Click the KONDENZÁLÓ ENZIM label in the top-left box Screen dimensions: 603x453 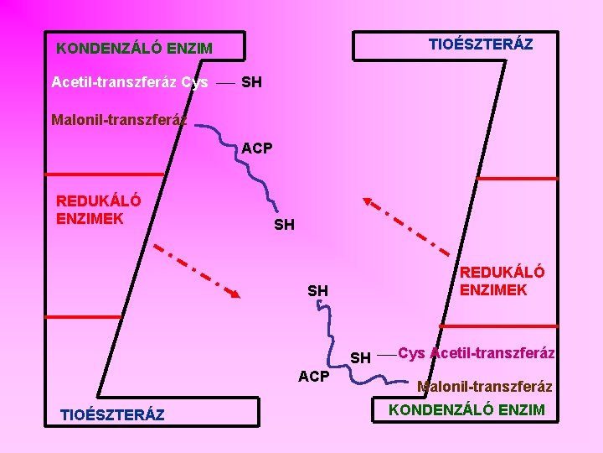click(134, 49)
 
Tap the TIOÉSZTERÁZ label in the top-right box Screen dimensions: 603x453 click(480, 44)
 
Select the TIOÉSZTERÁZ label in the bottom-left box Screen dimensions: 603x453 click(112, 414)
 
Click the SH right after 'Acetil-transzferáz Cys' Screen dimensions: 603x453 click(251, 82)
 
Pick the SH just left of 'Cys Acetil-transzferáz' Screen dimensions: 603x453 click(360, 358)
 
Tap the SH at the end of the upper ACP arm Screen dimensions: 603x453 click(285, 225)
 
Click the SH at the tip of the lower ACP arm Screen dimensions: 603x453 click(317, 291)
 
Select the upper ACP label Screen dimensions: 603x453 click(257, 148)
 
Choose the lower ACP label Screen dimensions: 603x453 click(314, 377)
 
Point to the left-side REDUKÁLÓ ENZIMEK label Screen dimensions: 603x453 click(98, 210)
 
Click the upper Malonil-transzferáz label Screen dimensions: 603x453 click(117, 119)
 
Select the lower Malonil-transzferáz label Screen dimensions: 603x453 click(484, 387)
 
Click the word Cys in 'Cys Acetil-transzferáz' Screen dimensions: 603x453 click(411, 353)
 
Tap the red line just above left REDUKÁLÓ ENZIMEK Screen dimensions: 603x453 click(92, 174)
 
